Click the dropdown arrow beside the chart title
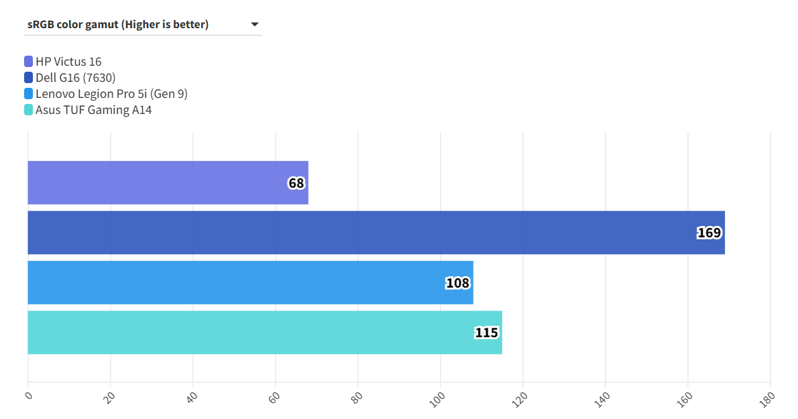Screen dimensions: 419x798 (x=255, y=25)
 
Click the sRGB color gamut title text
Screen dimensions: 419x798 (x=118, y=25)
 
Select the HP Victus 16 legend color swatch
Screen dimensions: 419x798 (x=28, y=62)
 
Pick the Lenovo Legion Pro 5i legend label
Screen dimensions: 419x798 (x=111, y=94)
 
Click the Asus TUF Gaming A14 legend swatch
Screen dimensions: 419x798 (x=28, y=110)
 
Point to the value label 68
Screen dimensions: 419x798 (x=296, y=183)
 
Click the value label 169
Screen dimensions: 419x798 (x=709, y=233)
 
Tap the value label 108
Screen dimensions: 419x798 (x=457, y=283)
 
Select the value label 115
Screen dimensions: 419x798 (x=487, y=333)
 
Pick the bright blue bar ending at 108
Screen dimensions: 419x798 (x=235, y=283)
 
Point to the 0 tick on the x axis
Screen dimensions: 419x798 (x=28, y=396)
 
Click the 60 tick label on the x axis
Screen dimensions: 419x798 (x=274, y=397)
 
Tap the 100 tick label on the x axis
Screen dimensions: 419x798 (x=438, y=398)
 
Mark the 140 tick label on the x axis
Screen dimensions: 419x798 (x=603, y=398)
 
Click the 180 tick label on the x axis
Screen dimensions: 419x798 (x=768, y=398)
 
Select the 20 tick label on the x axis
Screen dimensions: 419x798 (x=109, y=397)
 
